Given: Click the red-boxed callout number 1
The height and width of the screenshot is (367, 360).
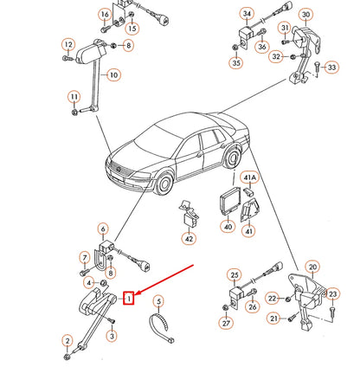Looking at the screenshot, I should pyautogui.click(x=129, y=299).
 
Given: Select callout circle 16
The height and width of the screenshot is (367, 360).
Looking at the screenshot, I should pyautogui.click(x=105, y=16).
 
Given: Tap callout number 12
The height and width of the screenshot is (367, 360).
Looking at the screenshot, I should pyautogui.click(x=67, y=44).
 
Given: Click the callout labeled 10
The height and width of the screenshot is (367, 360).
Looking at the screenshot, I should pyautogui.click(x=112, y=74).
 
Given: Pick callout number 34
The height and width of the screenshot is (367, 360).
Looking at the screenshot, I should pyautogui.click(x=247, y=15).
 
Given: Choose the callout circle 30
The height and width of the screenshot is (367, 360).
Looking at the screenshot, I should pyautogui.click(x=305, y=13).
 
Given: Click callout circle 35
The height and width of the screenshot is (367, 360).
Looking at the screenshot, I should pyautogui.click(x=236, y=62).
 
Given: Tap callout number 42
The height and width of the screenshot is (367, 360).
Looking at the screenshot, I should pyautogui.click(x=190, y=240).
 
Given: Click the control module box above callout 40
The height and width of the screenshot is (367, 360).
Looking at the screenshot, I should pyautogui.click(x=229, y=200).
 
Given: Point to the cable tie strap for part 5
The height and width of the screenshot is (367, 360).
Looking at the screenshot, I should pyautogui.click(x=160, y=328).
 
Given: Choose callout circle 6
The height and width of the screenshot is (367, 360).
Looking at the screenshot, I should pyautogui.click(x=103, y=229).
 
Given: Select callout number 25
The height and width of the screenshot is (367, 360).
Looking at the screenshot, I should pyautogui.click(x=233, y=275).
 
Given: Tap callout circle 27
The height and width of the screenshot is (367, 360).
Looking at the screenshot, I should pyautogui.click(x=226, y=324).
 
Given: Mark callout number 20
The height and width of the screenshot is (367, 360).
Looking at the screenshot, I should pyautogui.click(x=313, y=267).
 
